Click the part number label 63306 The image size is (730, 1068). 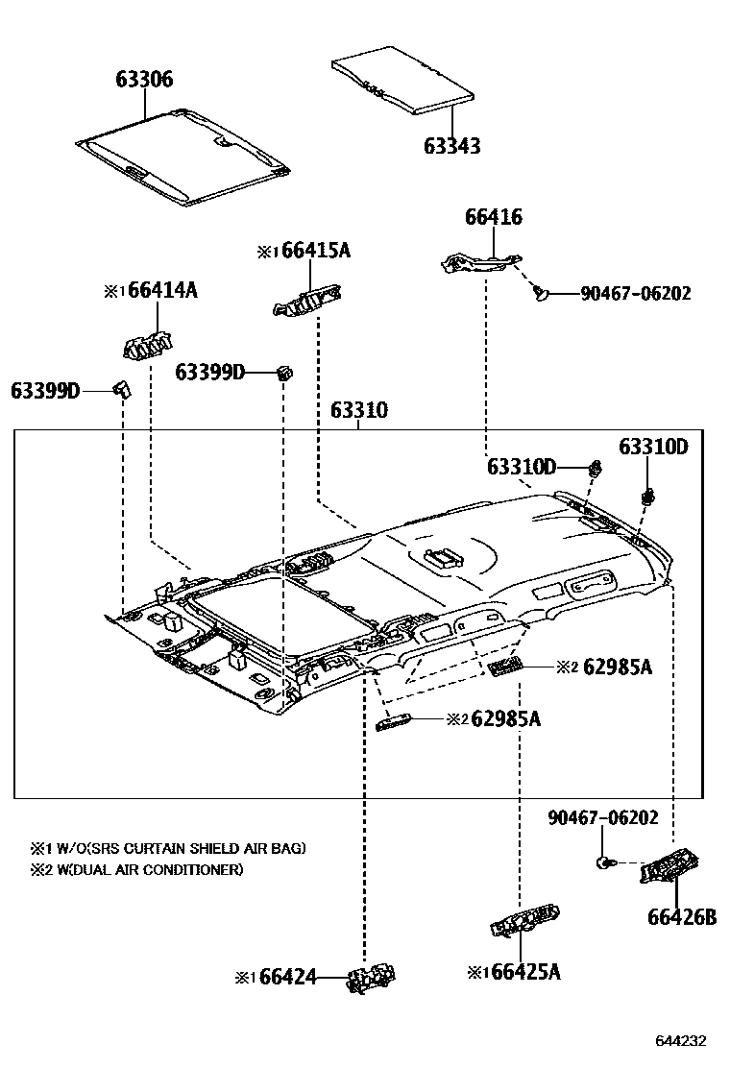coord(144,79)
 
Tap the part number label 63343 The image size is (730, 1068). coord(452,146)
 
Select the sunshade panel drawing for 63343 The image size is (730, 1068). coord(403,83)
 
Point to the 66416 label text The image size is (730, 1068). coord(494,217)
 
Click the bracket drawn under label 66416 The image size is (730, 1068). coord(481,261)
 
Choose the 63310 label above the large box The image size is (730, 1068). coord(359,411)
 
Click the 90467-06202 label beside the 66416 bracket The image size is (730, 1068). coord(635,294)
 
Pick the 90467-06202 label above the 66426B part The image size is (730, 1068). coord(603,817)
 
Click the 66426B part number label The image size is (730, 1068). coord(681,917)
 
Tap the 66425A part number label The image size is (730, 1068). coord(525,972)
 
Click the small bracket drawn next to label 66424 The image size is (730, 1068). coord(373,979)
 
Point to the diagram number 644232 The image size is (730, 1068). coord(682,1041)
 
